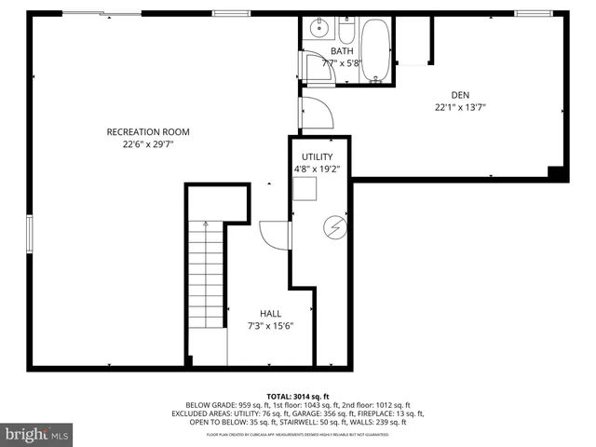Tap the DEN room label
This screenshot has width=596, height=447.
[460, 94]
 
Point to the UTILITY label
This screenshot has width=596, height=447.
[317, 156]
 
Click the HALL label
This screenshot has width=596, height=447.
[271, 314]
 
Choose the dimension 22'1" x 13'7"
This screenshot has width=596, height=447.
[460, 107]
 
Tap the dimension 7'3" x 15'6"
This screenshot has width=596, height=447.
[271, 327]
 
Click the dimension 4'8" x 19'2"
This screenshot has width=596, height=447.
[317, 169]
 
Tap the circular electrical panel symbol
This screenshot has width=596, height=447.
[333, 226]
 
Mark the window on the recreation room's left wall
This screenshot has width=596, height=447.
[29, 240]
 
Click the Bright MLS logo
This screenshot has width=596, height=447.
[37, 433]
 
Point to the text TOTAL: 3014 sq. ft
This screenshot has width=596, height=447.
[297, 396]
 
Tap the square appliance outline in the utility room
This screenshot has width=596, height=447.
[305, 191]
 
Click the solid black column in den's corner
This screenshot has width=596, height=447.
[556, 174]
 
